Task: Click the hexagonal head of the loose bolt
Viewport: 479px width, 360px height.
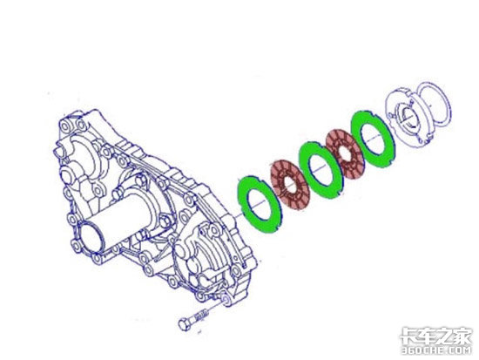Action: click(184, 324)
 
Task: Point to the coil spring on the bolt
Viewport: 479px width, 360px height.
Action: click(203, 315)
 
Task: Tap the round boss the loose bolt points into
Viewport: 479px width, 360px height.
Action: click(227, 300)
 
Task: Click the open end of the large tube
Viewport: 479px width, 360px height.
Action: click(89, 238)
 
